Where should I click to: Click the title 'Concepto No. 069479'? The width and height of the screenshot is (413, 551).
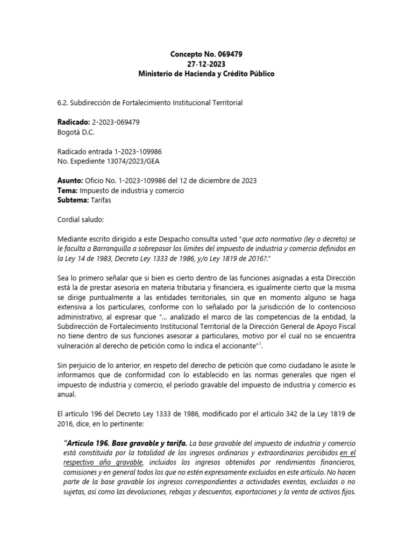click(206, 54)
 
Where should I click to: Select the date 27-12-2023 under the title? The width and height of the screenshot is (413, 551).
click(206, 64)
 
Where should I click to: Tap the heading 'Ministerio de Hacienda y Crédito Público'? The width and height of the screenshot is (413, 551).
click(206, 74)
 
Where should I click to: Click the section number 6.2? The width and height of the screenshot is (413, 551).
click(63, 103)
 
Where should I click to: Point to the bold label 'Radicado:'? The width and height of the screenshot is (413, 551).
click(73, 122)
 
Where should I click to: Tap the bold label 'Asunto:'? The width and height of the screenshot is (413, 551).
click(69, 180)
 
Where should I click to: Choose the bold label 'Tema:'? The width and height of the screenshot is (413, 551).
click(67, 190)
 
